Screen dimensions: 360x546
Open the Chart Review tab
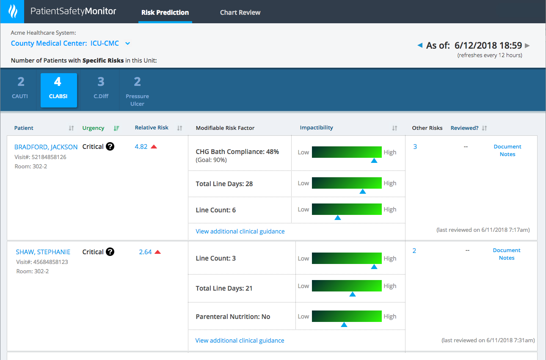pos(240,12)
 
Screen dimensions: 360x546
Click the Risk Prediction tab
pos(165,12)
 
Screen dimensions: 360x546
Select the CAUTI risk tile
pos(20,89)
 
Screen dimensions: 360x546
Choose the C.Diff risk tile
pos(101,89)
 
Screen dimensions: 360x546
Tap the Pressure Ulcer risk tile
pos(137,91)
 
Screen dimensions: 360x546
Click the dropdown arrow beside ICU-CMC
pos(127,43)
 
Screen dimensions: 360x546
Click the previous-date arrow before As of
pos(420,45)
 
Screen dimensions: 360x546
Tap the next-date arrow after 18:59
pos(527,45)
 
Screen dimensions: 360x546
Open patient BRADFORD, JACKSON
pos(46,147)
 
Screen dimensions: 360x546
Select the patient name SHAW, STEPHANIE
pos(43,252)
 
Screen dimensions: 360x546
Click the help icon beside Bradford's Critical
pos(110,147)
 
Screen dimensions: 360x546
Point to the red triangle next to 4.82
pos(154,147)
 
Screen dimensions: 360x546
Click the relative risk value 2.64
pos(145,252)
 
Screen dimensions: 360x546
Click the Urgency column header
pos(93,128)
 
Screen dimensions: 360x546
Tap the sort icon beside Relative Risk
pos(179,128)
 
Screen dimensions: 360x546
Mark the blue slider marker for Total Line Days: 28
pos(362,192)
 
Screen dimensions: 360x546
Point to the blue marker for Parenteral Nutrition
pos(344,325)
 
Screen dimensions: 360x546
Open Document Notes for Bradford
pos(507,150)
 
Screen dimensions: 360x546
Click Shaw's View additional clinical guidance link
pos(240,341)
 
